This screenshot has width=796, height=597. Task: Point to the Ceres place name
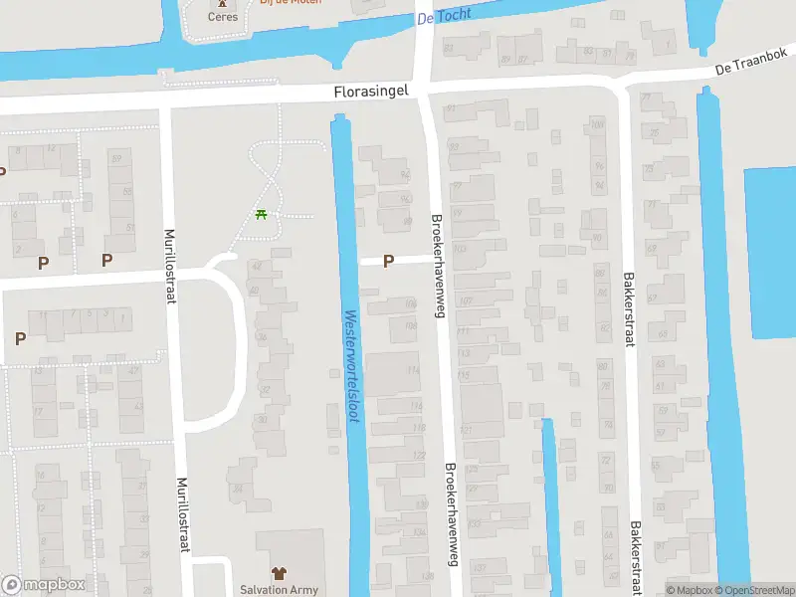tap(222, 17)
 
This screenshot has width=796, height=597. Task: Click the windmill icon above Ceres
tap(222, 3)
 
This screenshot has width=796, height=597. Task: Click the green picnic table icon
tap(261, 214)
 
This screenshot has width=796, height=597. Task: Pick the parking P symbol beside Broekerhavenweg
tap(388, 261)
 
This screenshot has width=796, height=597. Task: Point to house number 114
tap(413, 370)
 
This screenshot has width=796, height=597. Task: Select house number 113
tap(463, 352)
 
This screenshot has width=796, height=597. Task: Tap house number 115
tap(463, 375)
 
